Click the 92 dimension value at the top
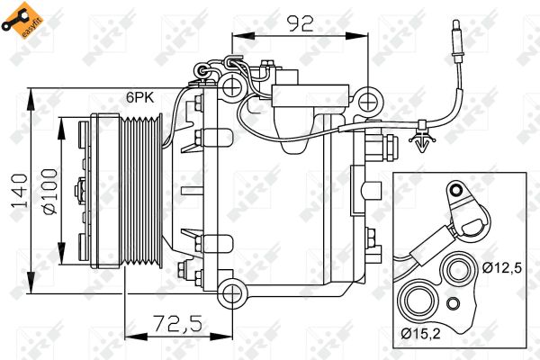[301, 23]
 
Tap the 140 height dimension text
[20, 191]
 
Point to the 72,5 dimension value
[177, 324]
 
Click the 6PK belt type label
[139, 97]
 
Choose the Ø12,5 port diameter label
[502, 267]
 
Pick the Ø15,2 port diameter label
[420, 334]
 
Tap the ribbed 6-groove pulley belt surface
[142, 192]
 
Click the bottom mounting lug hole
[232, 293]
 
